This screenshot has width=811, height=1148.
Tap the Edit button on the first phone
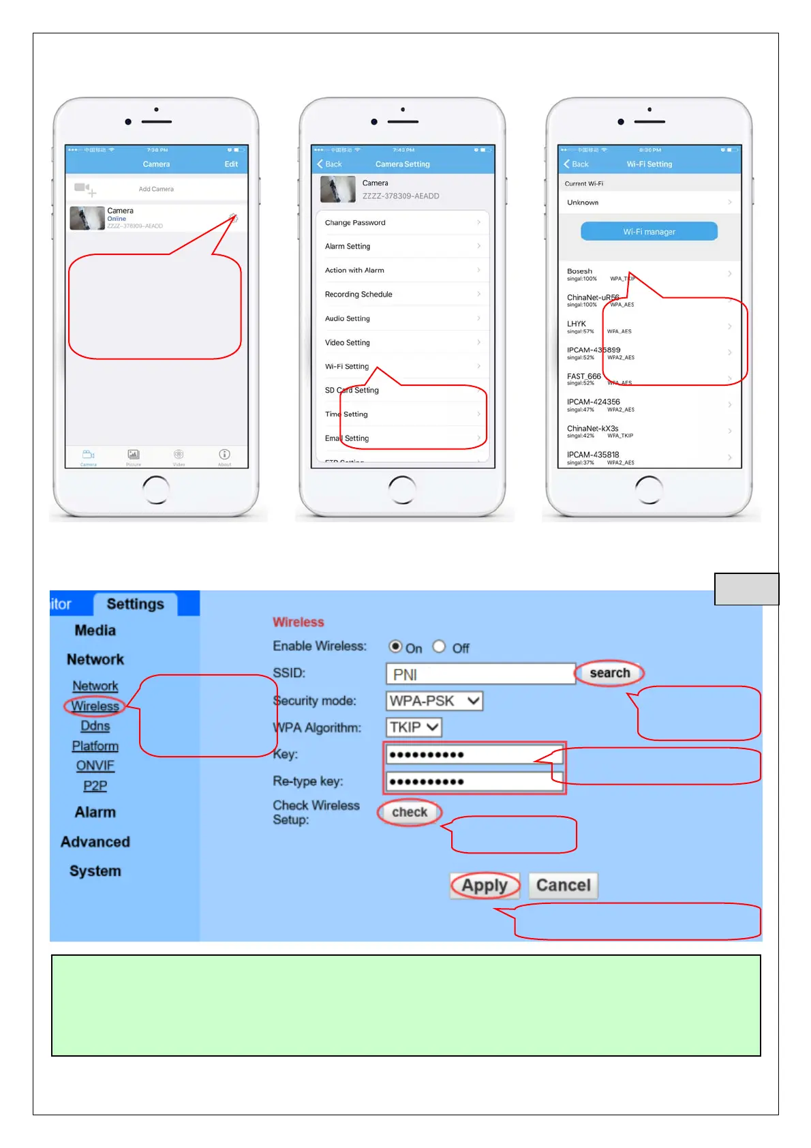(x=231, y=164)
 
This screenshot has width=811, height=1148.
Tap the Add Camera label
(x=156, y=189)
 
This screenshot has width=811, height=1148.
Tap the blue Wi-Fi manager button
(x=649, y=232)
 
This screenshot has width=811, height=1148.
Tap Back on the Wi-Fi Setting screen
(x=577, y=164)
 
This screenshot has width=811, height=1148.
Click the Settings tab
(x=136, y=604)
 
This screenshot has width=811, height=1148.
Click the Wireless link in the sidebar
(x=95, y=706)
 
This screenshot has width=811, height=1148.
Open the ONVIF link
(x=95, y=766)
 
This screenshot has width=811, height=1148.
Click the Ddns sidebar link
(x=95, y=726)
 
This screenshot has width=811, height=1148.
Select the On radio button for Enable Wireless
(x=395, y=646)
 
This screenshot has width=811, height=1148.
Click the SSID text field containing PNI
(x=480, y=674)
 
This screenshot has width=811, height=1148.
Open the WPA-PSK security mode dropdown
(x=434, y=701)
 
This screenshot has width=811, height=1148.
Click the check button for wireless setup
(x=410, y=812)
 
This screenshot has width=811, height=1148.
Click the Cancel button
(x=563, y=886)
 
